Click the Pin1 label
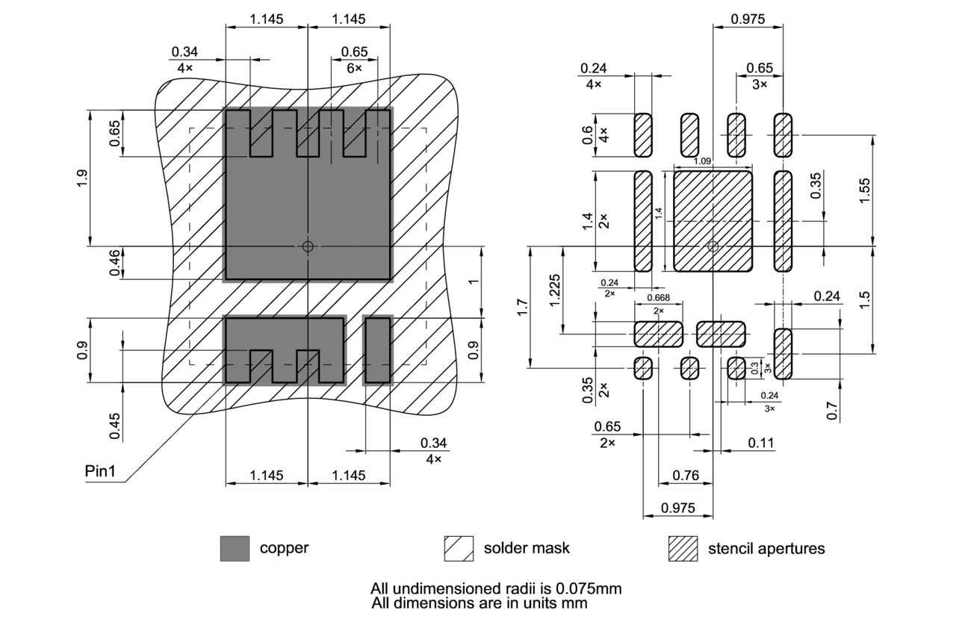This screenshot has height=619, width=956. click(104, 471)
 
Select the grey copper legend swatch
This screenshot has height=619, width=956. click(235, 548)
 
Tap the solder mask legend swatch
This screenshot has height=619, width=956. click(459, 548)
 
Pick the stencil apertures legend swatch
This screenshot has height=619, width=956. click(682, 548)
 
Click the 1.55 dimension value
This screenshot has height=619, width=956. click(864, 190)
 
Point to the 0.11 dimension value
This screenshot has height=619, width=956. click(761, 444)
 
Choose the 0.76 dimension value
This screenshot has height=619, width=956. click(686, 475)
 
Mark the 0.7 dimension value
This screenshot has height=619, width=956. click(833, 410)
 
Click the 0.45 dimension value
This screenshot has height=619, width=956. click(115, 425)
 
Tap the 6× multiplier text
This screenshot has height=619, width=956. click(354, 68)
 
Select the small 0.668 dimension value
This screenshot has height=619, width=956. click(658, 298)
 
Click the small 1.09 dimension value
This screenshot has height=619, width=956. click(702, 161)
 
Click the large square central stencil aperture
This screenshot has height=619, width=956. click(713, 221)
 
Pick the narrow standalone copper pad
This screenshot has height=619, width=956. click(378, 349)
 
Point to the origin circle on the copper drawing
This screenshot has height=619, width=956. click(308, 246)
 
